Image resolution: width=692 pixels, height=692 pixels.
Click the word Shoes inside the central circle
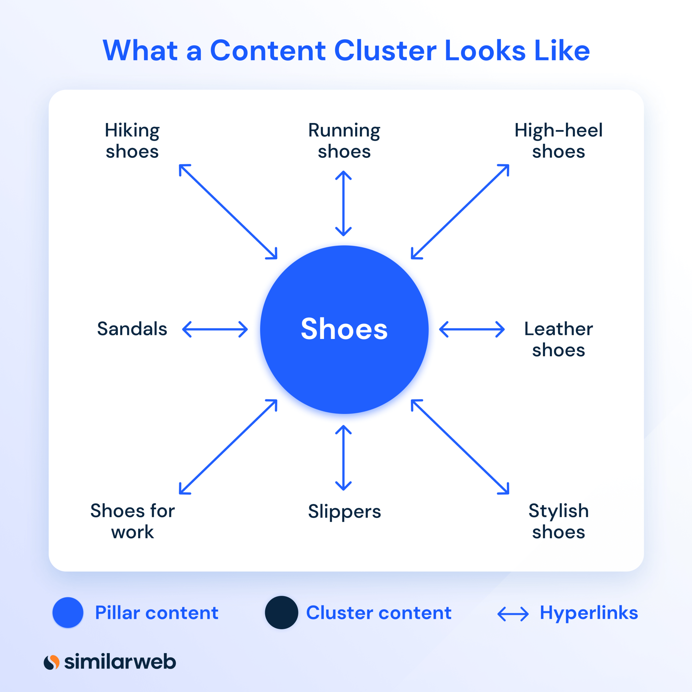coord(344,329)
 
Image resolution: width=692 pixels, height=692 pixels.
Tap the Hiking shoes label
coord(132,141)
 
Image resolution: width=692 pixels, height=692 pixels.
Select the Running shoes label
coord(344,141)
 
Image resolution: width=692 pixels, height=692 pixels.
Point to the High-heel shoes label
coord(559,141)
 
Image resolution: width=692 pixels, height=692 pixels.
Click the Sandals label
coord(132,329)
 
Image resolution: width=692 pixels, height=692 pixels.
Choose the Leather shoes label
coord(559,339)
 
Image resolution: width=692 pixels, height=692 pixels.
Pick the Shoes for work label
coord(132,521)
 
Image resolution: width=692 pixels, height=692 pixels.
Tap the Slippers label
coord(344,512)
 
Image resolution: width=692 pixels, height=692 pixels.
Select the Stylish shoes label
coord(559,521)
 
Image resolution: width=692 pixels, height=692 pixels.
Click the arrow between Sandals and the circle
coord(215,329)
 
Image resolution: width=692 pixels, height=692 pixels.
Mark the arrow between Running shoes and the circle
coord(343,203)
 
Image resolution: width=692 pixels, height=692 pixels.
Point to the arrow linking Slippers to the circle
coord(343,458)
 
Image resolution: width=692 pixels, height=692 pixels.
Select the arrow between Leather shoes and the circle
coord(472,329)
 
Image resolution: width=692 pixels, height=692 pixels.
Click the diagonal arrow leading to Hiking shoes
coord(228,211)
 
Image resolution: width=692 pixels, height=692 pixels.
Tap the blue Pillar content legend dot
coord(68,613)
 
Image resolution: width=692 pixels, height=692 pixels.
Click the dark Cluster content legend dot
coord(281,613)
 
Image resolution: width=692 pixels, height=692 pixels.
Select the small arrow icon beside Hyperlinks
coord(513,614)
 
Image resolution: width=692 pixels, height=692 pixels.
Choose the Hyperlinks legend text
coord(589,613)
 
